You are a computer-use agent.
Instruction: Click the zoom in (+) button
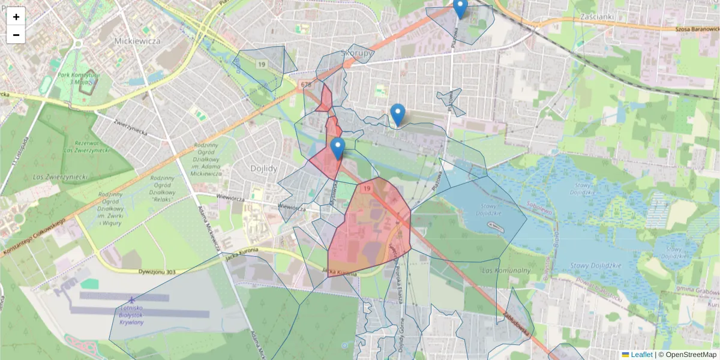click(16, 17)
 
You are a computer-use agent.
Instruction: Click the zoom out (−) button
click(16, 35)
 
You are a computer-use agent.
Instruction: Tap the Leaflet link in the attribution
click(641, 355)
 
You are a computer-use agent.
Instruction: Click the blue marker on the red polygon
click(338, 148)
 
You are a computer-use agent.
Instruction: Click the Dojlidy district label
click(264, 169)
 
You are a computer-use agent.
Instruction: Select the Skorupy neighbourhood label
click(357, 52)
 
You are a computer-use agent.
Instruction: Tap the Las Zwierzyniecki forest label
click(61, 176)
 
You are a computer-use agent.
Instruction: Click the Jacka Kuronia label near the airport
click(242, 253)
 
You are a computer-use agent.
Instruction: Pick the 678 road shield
click(307, 85)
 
